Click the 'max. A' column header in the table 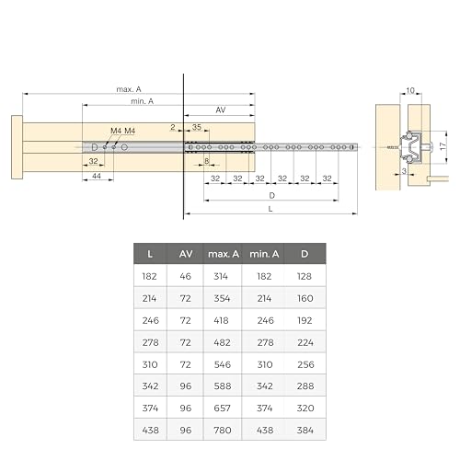point(224,254)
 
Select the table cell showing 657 point(222,408)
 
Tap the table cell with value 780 point(223,431)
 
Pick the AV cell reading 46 point(186,276)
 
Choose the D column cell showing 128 point(305,276)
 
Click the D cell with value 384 point(305,431)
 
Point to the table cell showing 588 point(223,386)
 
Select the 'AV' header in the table point(186,254)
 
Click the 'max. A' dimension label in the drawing point(129,89)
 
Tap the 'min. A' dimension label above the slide point(142,101)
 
